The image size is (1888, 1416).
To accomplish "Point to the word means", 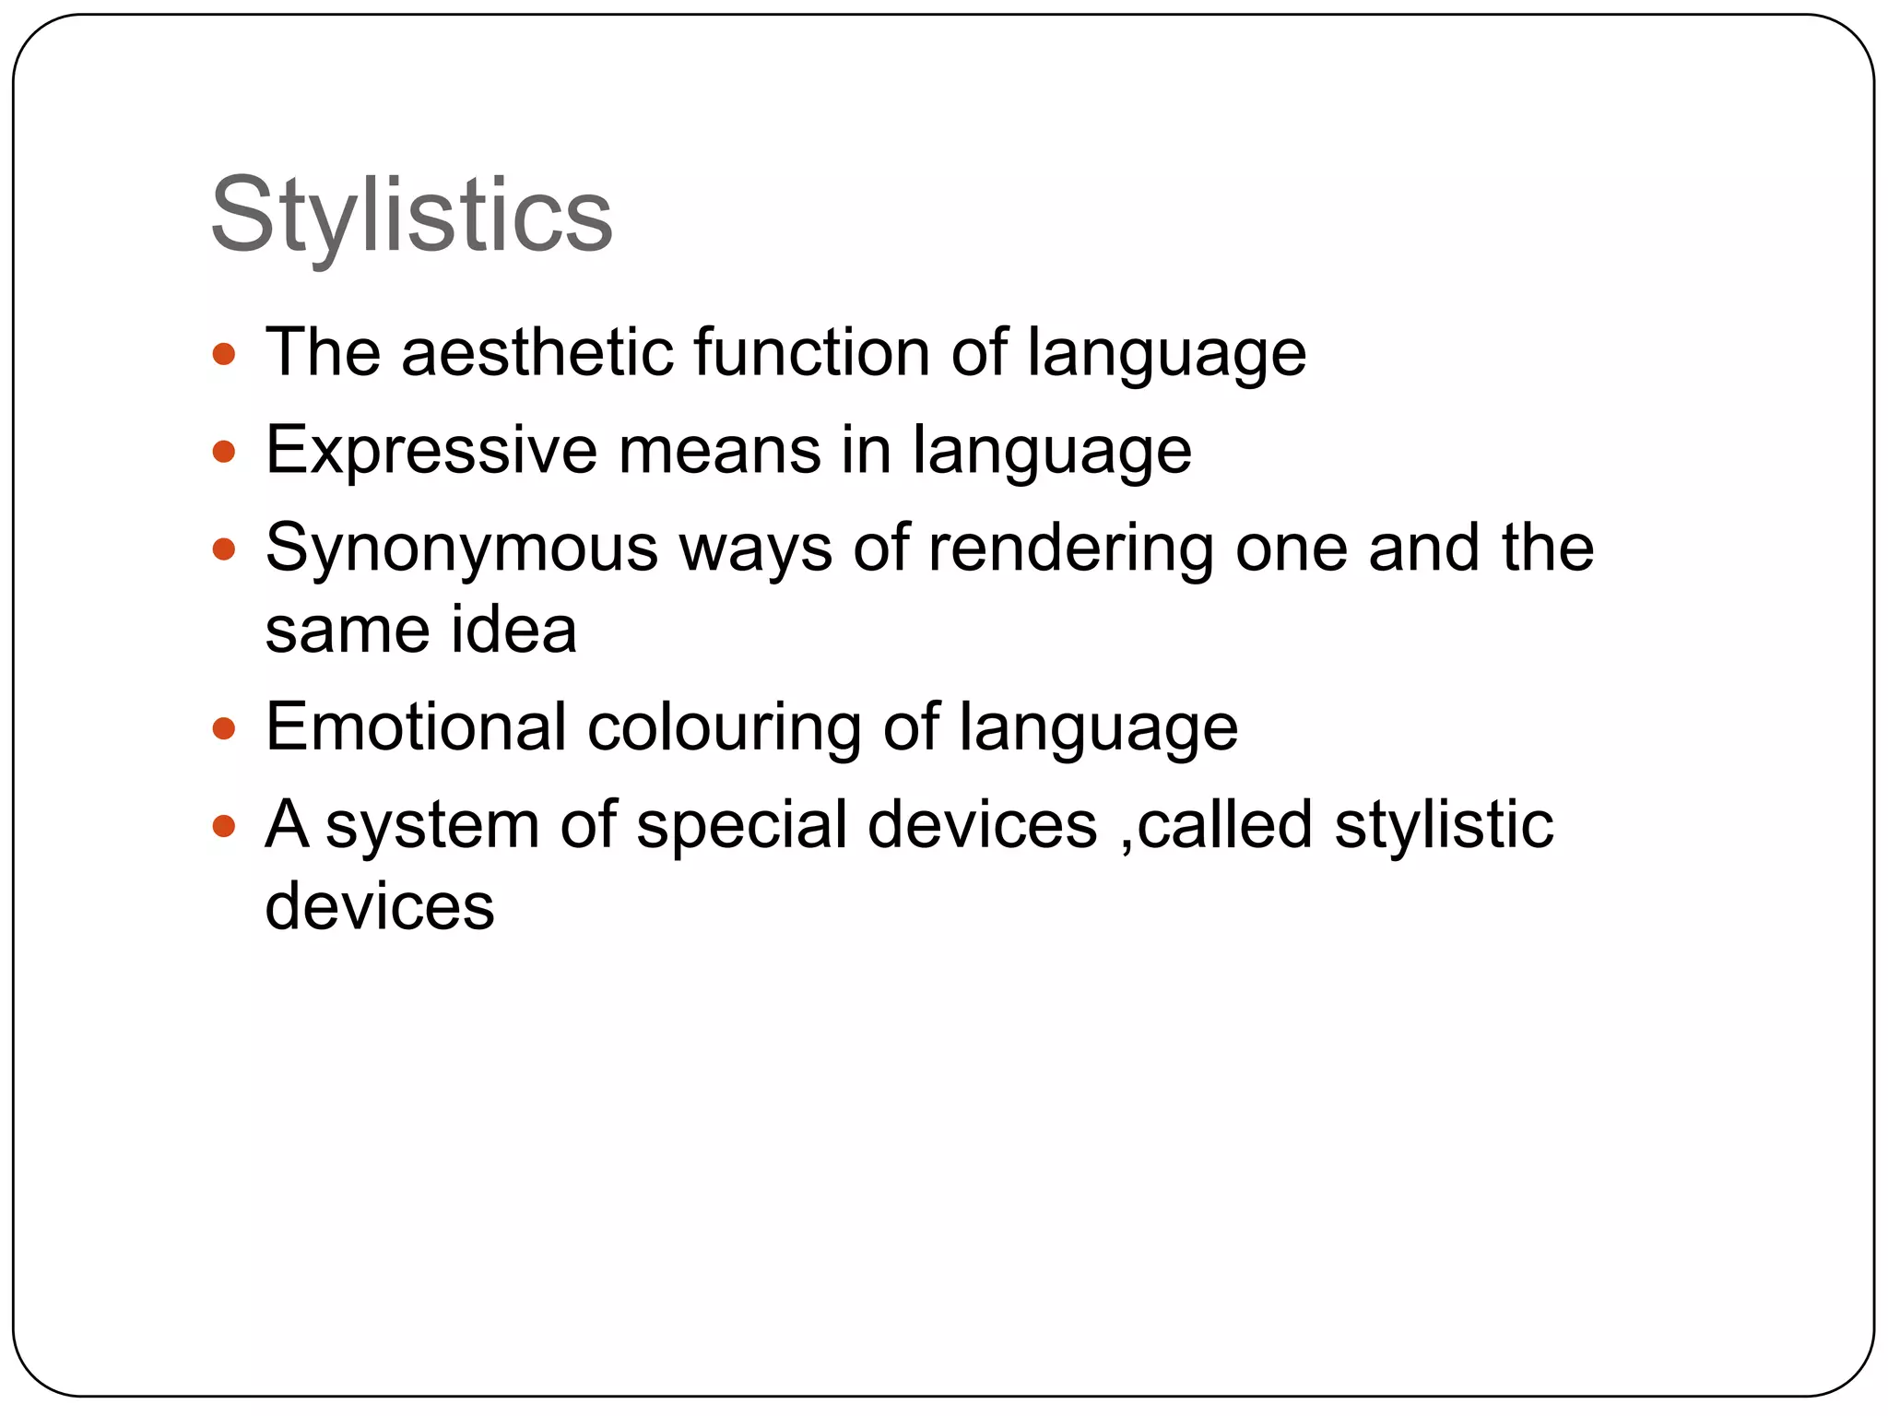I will (x=719, y=450).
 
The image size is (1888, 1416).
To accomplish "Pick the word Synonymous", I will (x=461, y=549).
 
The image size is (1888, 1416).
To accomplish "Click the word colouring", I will (x=725, y=728).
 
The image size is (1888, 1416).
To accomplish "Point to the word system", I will (x=432, y=825).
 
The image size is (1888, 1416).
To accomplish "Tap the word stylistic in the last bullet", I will (x=1444, y=825).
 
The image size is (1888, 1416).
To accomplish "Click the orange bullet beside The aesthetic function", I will (x=224, y=354).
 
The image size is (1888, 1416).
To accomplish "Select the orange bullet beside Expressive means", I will (x=224, y=452).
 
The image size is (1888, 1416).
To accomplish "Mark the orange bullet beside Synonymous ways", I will (x=224, y=550).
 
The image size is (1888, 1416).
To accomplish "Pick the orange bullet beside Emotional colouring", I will (x=224, y=729).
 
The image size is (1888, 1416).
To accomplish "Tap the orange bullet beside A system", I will (x=224, y=826).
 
